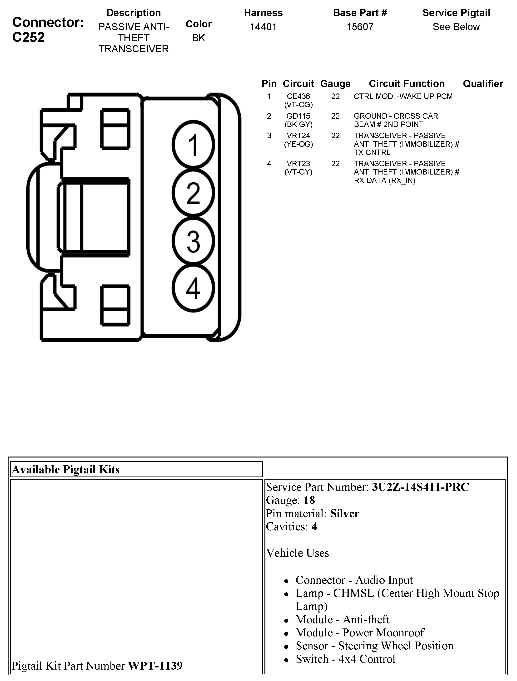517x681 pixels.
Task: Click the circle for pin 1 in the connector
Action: point(193,145)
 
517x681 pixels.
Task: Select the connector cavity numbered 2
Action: point(193,193)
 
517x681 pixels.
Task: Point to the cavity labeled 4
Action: point(193,288)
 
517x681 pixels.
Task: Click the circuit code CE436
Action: point(298,96)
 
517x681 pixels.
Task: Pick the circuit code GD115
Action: point(298,116)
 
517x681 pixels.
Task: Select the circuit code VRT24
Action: point(298,136)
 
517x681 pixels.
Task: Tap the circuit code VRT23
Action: point(298,164)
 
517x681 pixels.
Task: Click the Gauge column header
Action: point(335,83)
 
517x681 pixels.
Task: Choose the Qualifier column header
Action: point(483,83)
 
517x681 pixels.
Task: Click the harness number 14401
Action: point(263,27)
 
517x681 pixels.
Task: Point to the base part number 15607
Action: point(360,27)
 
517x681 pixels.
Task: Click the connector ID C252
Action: point(28,37)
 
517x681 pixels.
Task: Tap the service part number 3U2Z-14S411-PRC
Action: point(420,487)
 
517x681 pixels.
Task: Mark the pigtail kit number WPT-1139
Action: point(155,666)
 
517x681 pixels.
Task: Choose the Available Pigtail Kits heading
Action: point(66,470)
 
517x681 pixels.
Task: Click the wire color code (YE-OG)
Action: point(298,144)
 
